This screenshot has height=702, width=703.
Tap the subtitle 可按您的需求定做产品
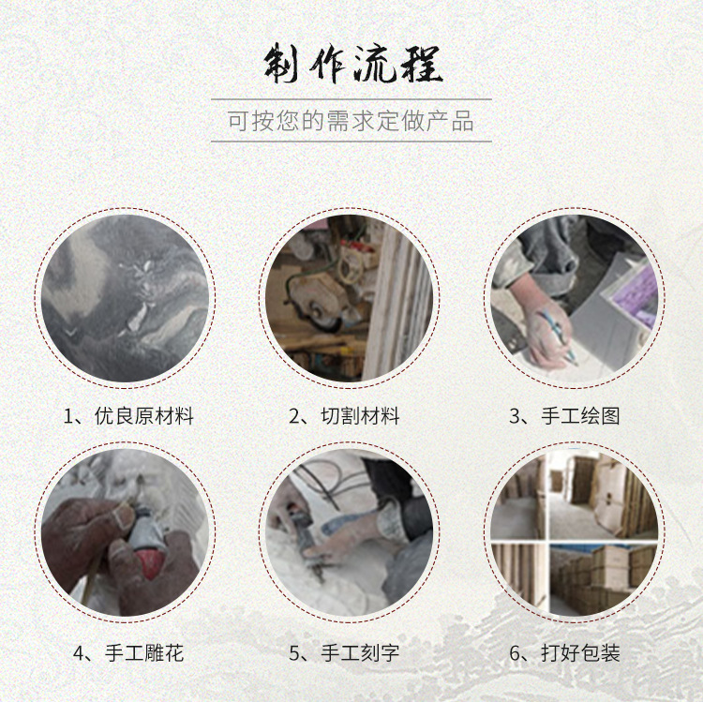click(x=351, y=121)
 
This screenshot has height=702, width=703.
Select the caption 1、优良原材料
click(x=128, y=416)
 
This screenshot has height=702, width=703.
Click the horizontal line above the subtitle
click(x=351, y=99)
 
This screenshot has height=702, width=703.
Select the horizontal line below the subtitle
click(x=351, y=142)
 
